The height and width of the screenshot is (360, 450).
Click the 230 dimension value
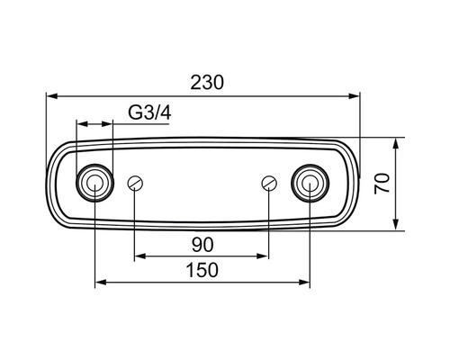coord(207,83)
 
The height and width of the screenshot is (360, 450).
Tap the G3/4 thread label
coord(149,112)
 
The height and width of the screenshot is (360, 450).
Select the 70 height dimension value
coord(382,184)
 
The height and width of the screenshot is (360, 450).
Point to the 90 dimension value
coord(202,245)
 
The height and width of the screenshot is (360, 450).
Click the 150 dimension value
coord(202,270)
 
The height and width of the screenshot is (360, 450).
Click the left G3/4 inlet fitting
coord(94,183)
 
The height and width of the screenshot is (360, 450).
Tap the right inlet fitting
coord(310,183)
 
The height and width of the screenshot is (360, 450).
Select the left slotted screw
coord(135,183)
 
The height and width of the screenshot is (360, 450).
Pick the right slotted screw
coord(269,183)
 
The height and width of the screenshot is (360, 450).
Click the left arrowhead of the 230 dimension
coord(52,96)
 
